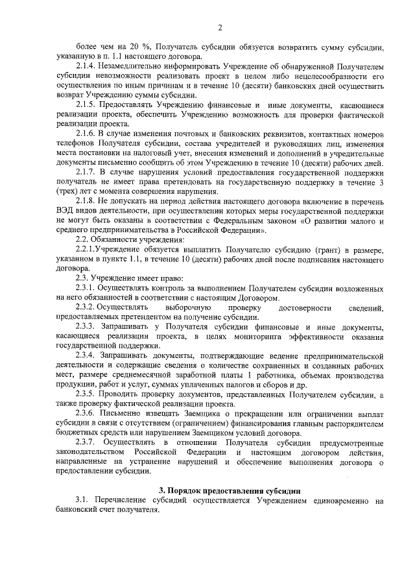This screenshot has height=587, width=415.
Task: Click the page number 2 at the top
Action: point(220,27)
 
